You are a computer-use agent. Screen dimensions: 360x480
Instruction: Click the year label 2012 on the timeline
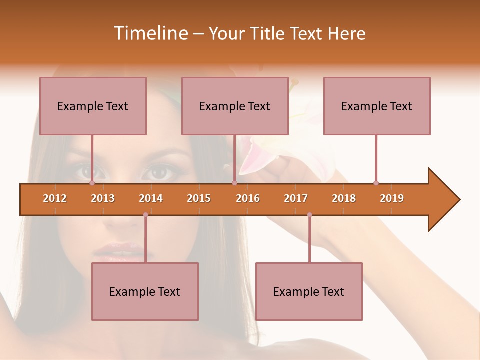pyautogui.click(x=55, y=198)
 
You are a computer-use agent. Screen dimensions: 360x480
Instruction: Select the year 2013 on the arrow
pyautogui.click(x=103, y=198)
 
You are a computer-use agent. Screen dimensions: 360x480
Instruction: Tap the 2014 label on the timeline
pyautogui.click(x=151, y=198)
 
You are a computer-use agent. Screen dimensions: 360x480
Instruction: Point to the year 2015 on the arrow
pyautogui.click(x=199, y=198)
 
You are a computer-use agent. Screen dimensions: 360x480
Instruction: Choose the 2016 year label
pyautogui.click(x=248, y=198)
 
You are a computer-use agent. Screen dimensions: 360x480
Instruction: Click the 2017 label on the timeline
pyautogui.click(x=296, y=198)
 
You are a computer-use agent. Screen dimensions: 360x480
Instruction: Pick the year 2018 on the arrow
pyautogui.click(x=344, y=198)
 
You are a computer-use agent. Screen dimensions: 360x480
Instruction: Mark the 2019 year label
pyautogui.click(x=392, y=198)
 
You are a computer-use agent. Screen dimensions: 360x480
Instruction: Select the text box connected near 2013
pyautogui.click(x=93, y=106)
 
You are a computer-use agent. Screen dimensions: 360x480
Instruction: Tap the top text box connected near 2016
pyautogui.click(x=235, y=106)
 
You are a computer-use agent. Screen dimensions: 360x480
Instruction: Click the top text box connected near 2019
pyautogui.click(x=377, y=106)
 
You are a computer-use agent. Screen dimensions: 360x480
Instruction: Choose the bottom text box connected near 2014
pyautogui.click(x=145, y=291)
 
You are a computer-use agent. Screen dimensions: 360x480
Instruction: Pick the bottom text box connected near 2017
pyautogui.click(x=309, y=291)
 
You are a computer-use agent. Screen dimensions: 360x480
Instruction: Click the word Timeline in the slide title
pyautogui.click(x=150, y=33)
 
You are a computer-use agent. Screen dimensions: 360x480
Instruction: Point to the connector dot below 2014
pyautogui.click(x=145, y=215)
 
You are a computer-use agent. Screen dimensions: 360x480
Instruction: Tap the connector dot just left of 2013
pyautogui.click(x=92, y=183)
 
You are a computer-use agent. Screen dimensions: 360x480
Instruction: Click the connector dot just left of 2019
pyautogui.click(x=376, y=183)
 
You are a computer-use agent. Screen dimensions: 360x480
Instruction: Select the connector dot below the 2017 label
pyautogui.click(x=309, y=215)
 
